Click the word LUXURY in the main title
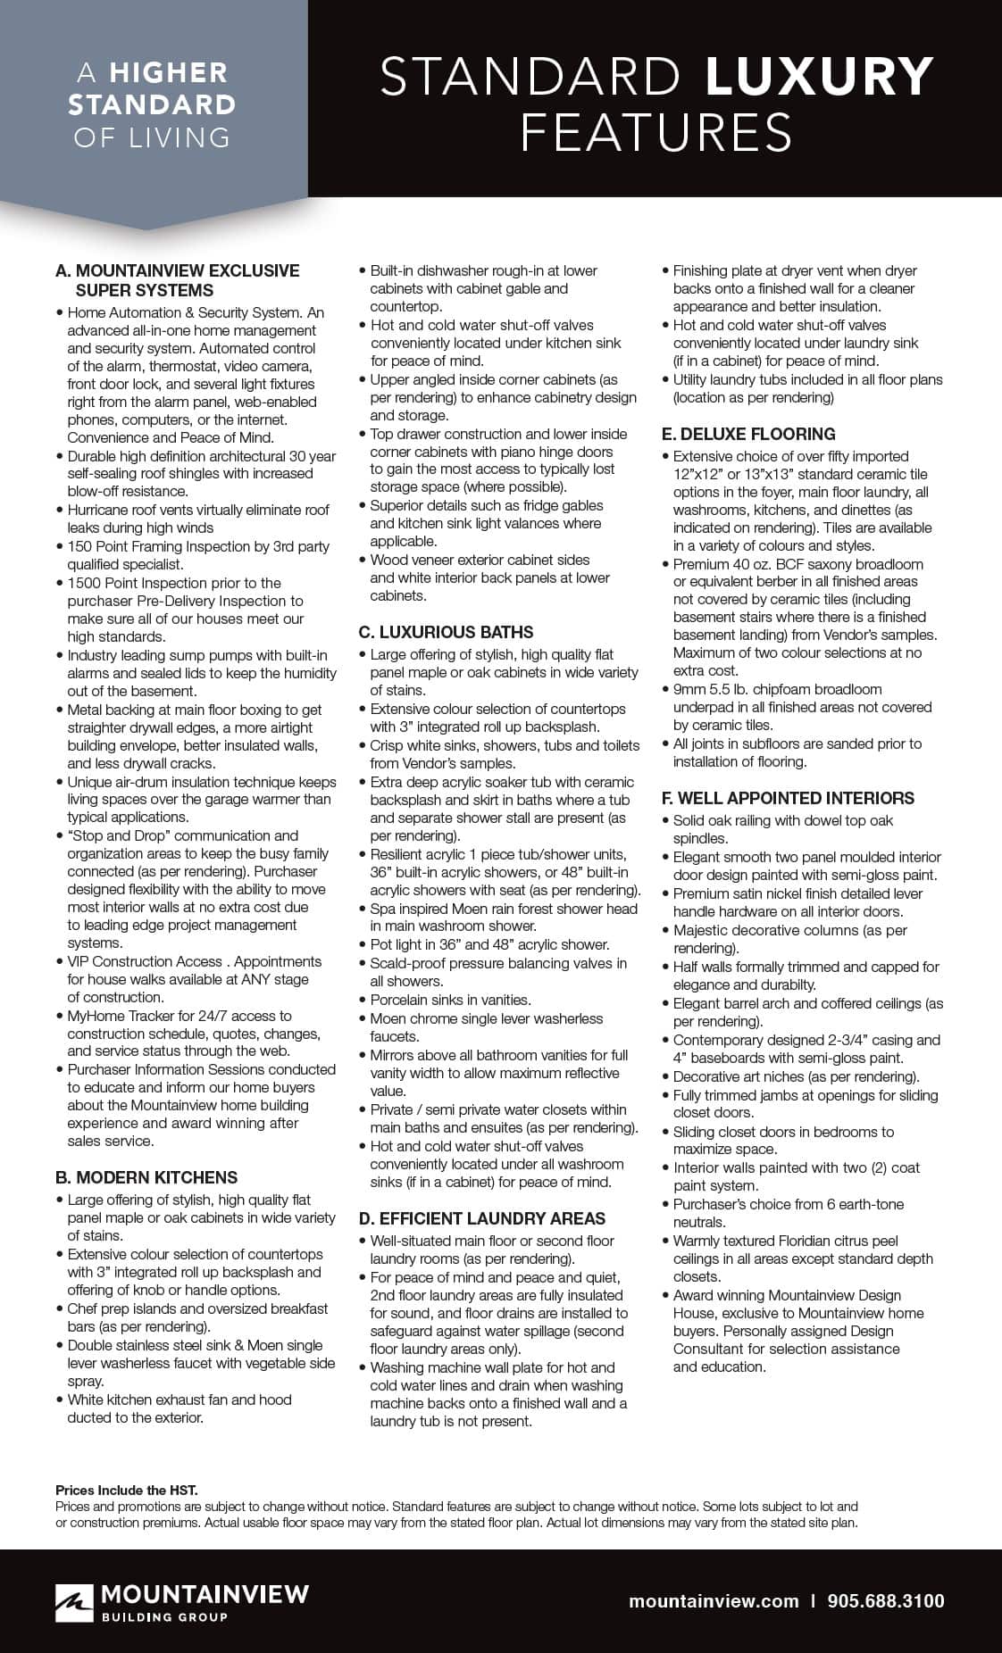click(x=819, y=77)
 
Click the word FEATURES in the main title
click(x=656, y=133)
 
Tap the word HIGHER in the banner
click(x=169, y=72)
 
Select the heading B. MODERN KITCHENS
click(x=146, y=1177)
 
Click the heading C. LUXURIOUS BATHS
click(x=446, y=632)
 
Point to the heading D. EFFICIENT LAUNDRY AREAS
click(x=481, y=1218)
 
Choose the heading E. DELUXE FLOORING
click(x=748, y=434)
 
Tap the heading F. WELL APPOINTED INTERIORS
click(x=788, y=798)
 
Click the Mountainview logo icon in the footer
click(x=74, y=1602)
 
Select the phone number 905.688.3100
click(x=886, y=1601)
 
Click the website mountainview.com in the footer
click(x=714, y=1601)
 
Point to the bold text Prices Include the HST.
click(x=127, y=1490)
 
